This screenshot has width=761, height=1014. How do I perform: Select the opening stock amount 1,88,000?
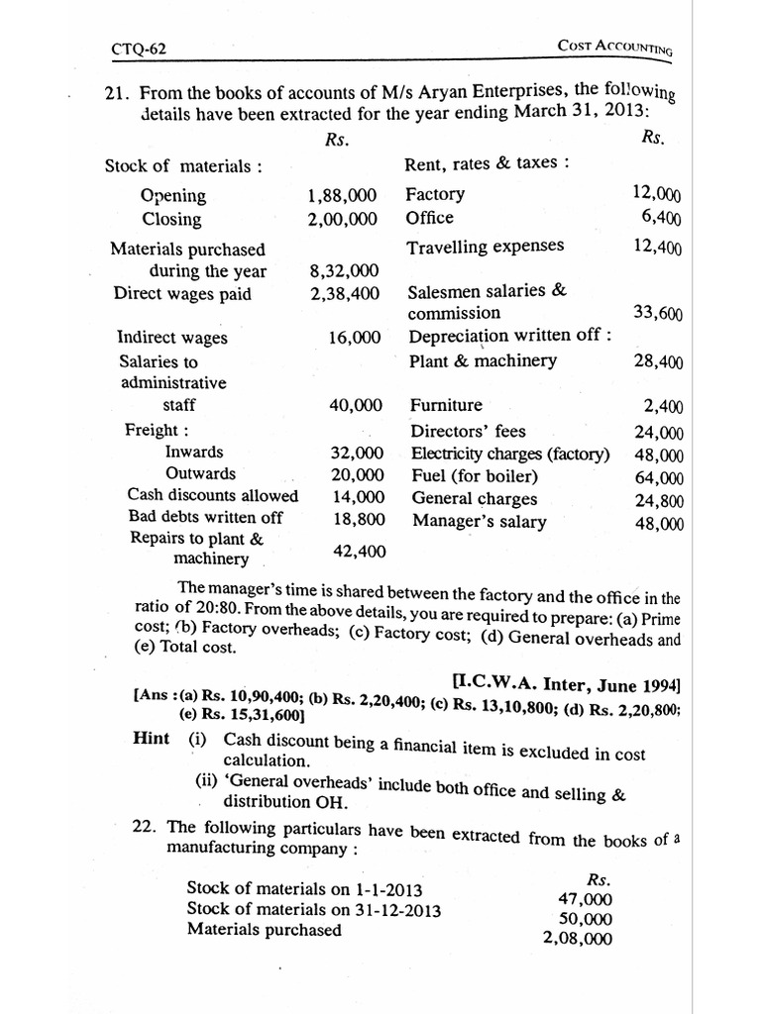pos(343,195)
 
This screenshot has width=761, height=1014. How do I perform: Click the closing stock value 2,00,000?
pos(343,219)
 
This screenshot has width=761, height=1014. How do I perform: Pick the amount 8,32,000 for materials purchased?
pos(344,270)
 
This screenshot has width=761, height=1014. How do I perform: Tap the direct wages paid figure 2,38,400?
pos(344,293)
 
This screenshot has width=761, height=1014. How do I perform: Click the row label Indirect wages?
pos(171,338)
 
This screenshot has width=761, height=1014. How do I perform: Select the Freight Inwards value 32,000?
pos(357,453)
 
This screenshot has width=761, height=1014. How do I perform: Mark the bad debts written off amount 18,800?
pos(357,517)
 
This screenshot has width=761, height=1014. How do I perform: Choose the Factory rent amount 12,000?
pos(656,195)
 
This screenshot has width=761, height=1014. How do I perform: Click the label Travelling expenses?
pos(486,246)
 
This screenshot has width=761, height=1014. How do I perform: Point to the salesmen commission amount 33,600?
pos(657,315)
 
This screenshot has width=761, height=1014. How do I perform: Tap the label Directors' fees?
pos(468,432)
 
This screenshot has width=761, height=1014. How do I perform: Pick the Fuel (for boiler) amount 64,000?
pos(658,479)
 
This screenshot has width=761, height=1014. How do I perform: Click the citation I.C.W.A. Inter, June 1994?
pos(565,683)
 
